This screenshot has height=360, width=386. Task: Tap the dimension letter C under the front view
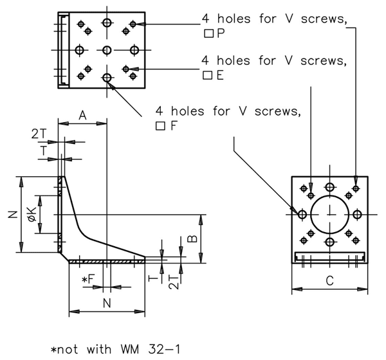click(329, 280)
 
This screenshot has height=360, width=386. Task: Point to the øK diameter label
click(31, 215)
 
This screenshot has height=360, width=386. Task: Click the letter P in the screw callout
click(221, 33)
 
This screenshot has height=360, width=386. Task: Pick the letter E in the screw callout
click(220, 75)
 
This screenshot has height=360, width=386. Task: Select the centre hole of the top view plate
click(107, 50)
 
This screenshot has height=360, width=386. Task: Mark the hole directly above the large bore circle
click(329, 187)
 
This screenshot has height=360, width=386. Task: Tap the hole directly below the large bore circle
click(329, 242)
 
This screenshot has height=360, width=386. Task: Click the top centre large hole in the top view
click(107, 23)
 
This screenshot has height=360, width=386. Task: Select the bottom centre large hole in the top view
click(107, 78)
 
